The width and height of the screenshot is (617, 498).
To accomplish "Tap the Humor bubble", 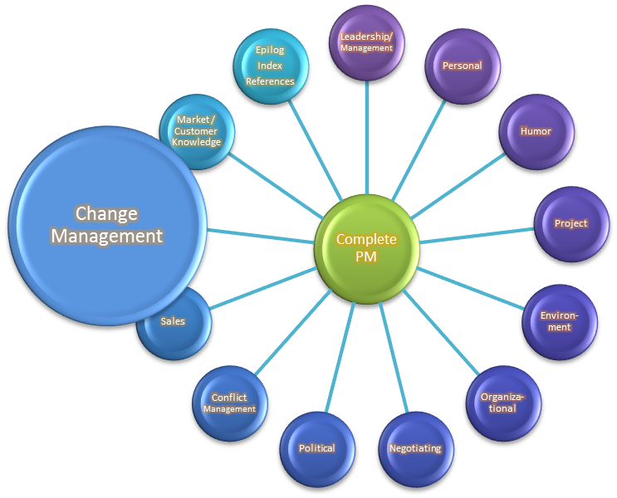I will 536,132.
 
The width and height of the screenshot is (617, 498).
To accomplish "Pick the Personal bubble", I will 462,66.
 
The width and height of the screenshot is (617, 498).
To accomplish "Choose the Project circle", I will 570,223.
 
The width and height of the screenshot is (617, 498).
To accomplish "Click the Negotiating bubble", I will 415,448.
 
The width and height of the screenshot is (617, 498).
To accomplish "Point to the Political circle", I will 317,448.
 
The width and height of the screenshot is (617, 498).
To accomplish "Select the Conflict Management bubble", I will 229,403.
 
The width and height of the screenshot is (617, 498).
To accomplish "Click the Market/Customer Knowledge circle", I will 197,131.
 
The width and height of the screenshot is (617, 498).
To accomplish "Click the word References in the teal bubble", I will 270,81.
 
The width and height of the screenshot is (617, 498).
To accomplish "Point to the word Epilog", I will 270,49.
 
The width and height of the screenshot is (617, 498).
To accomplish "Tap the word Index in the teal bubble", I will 270,66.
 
